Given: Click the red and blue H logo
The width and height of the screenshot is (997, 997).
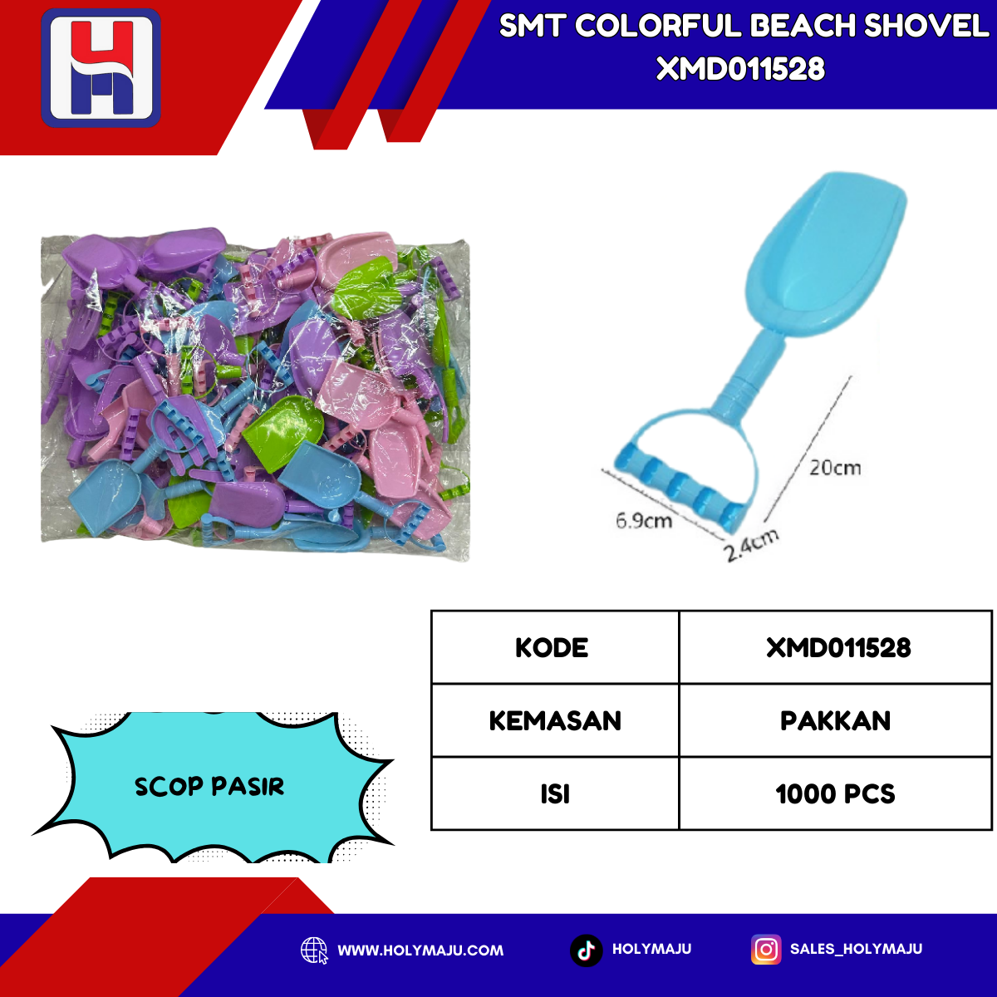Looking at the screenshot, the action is click(101, 68).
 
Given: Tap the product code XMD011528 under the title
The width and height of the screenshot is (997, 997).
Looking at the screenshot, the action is click(740, 69).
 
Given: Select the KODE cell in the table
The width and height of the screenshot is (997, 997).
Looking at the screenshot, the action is click(555, 647).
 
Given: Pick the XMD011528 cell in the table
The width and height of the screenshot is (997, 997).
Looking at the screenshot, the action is click(836, 647).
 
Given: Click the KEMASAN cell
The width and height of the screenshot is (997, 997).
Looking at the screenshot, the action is click(555, 720).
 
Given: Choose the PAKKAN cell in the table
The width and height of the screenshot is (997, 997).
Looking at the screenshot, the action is click(836, 720).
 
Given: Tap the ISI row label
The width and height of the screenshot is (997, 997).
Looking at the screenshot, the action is click(555, 793).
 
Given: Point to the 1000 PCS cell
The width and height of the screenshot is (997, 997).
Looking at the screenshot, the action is click(836, 793).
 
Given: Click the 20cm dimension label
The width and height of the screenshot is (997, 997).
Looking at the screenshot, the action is click(835, 468).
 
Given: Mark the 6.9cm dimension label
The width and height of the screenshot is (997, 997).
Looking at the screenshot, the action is click(644, 520).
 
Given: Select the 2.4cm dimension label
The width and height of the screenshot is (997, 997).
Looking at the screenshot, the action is click(752, 545).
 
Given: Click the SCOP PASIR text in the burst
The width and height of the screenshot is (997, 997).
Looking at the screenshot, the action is click(209, 787).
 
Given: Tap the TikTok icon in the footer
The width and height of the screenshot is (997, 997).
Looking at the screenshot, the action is click(587, 950).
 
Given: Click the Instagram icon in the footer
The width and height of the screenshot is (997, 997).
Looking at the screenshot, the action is click(766, 950).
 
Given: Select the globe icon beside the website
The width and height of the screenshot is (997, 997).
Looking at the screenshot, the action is click(314, 951).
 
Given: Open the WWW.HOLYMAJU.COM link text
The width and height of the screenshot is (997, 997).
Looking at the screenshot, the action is click(420, 950).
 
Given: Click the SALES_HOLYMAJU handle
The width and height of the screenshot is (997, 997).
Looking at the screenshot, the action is click(856, 949).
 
